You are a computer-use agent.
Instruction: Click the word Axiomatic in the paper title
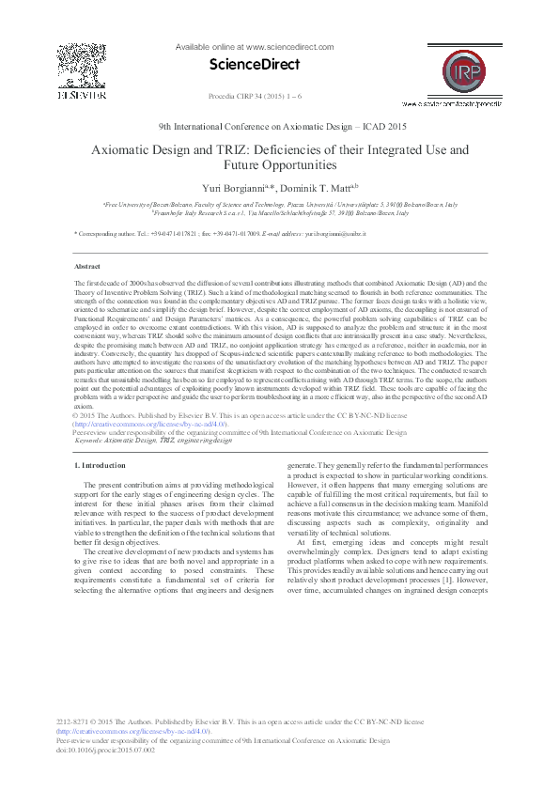tap(126, 149)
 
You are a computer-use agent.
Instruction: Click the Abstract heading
tap(87, 267)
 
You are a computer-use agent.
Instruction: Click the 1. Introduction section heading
tap(100, 465)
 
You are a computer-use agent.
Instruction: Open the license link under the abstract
tap(149, 425)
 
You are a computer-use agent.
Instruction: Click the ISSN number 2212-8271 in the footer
tap(73, 721)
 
